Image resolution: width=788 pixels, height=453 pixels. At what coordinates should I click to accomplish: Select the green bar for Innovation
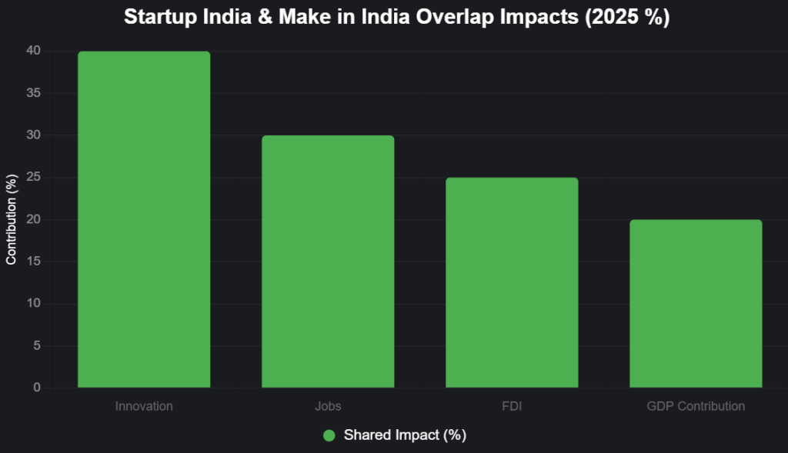coord(144,219)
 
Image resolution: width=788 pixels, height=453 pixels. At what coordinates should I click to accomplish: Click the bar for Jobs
coord(328,261)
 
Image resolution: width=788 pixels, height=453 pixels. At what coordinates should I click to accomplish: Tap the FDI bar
coord(512,282)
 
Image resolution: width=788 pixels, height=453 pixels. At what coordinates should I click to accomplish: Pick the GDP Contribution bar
coord(696,304)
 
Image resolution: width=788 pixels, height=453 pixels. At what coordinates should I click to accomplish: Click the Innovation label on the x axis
coord(144,405)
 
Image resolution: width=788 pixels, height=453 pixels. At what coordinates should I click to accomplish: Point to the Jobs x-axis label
coord(328,405)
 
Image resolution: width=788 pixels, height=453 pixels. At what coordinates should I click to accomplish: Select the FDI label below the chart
coord(512,405)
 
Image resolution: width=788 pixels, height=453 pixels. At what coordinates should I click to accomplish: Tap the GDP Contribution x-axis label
coord(696,405)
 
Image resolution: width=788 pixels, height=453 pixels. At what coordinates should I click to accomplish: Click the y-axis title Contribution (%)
coord(12,220)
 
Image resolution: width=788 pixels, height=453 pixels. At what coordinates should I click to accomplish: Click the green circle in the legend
coord(329,435)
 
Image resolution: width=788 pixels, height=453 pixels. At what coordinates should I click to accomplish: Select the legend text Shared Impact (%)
coord(405,435)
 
